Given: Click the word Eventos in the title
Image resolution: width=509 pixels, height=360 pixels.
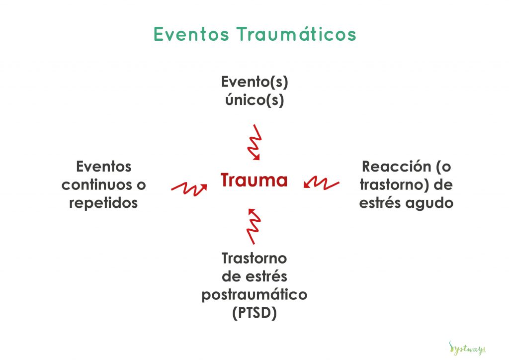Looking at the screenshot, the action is pos(191,34).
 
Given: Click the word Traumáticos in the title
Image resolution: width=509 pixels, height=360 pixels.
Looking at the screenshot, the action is pos(296,34).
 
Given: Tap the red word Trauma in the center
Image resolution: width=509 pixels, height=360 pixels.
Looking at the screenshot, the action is pos(254,180).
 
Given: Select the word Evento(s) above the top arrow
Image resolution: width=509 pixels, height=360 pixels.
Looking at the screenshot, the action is pos(254,82).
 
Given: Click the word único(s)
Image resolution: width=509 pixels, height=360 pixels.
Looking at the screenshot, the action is pos(254,99).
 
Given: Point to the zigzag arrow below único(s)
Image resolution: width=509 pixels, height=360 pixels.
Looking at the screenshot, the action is pos(254,143).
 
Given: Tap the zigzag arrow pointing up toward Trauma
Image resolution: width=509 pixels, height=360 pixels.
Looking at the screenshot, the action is pos(254,226).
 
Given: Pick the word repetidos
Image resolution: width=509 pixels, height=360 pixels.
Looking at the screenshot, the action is pos(103,203).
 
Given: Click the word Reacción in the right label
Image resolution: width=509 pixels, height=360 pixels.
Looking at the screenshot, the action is pos(396,167).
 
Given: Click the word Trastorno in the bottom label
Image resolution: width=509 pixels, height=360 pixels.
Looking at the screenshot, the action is pos(254,259).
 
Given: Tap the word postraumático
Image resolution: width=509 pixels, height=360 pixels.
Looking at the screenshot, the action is pos(254,295).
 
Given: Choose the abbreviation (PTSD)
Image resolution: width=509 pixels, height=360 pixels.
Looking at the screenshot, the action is pos(254,313).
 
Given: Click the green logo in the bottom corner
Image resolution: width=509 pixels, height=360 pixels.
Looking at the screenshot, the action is pos(467,348).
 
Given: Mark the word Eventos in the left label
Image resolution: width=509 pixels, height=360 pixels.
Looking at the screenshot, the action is pos(103,167).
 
